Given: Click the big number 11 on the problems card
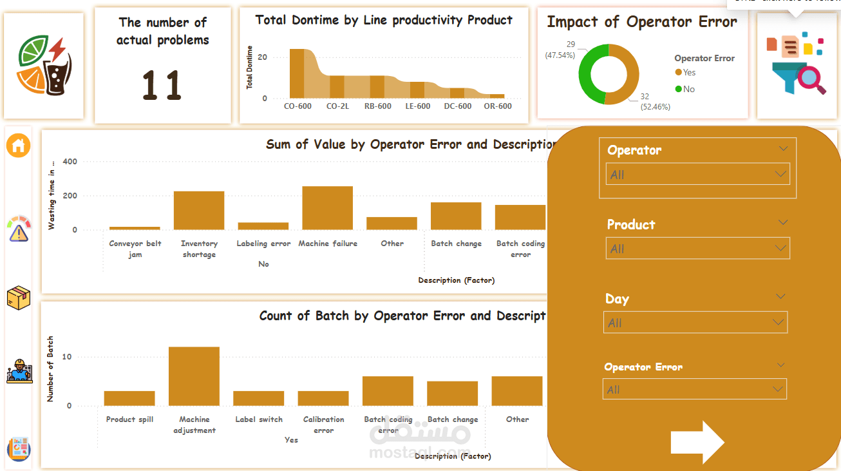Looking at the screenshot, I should click(162, 86).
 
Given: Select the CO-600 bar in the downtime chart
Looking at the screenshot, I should click(297, 73).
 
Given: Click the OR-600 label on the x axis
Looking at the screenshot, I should click(498, 106).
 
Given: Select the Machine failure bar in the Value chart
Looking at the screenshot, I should click(327, 207).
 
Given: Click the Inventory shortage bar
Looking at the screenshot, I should click(198, 210).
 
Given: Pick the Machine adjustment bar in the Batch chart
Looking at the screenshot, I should click(194, 376).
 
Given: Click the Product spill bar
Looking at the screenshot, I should click(129, 398).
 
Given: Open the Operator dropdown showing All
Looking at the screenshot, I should click(697, 175).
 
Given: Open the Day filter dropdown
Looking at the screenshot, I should click(695, 323).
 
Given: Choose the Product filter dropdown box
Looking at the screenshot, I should click(697, 249).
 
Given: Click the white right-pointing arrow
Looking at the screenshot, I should click(697, 442).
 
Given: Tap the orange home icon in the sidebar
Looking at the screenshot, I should click(19, 146).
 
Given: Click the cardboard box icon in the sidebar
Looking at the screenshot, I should click(19, 297).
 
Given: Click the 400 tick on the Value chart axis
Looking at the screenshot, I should click(70, 162).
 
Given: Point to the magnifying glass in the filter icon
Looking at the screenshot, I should click(812, 80).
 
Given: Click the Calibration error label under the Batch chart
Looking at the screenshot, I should click(323, 425).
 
